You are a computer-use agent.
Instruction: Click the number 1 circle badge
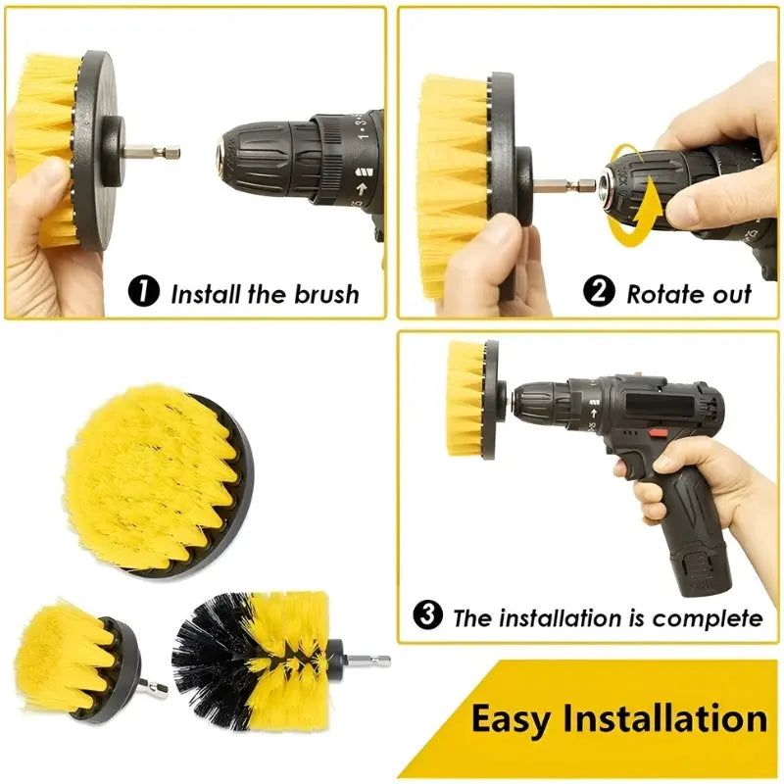click(x=144, y=292)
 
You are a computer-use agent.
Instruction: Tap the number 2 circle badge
click(x=599, y=291)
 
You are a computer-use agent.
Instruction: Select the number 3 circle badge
click(x=427, y=616)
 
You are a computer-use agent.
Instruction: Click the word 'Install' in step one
click(x=208, y=293)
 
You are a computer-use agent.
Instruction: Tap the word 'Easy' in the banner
click(x=516, y=718)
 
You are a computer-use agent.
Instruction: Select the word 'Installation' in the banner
click(x=666, y=718)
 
